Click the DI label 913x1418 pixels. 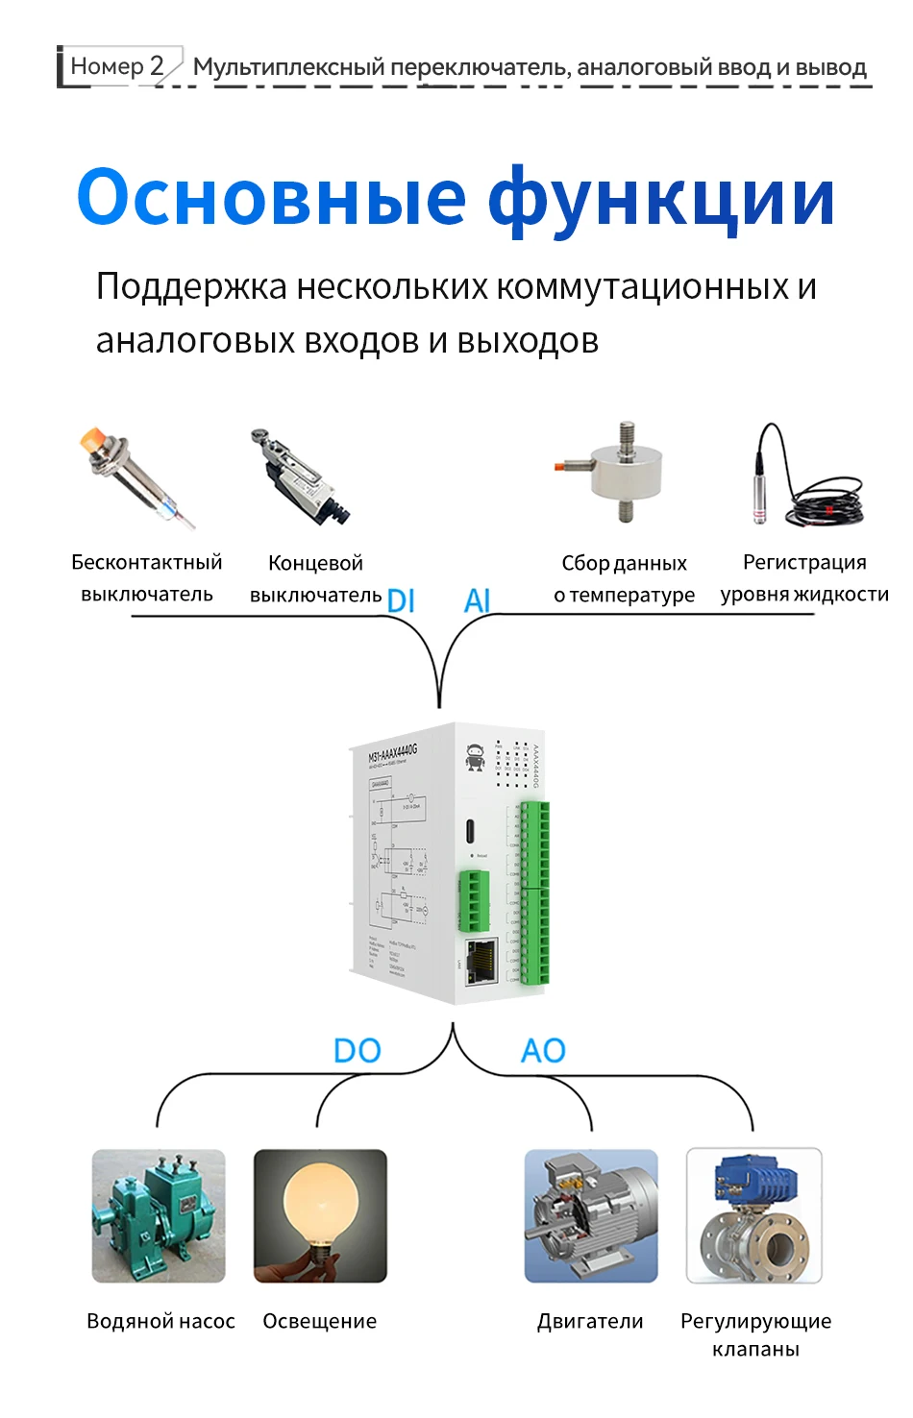click(401, 600)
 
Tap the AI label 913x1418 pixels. click(477, 600)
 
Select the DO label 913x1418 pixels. click(357, 1050)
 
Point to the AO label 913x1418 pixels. click(543, 1050)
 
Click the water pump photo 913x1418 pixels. click(159, 1215)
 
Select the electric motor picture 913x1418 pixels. click(591, 1215)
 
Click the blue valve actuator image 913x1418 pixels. click(754, 1215)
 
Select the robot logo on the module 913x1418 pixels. click(475, 757)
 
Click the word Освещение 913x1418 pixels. click(320, 1321)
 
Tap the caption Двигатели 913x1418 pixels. click(590, 1321)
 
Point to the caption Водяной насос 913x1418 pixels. click(160, 1321)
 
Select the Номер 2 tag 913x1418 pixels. click(117, 66)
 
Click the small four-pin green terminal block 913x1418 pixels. click(473, 900)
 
